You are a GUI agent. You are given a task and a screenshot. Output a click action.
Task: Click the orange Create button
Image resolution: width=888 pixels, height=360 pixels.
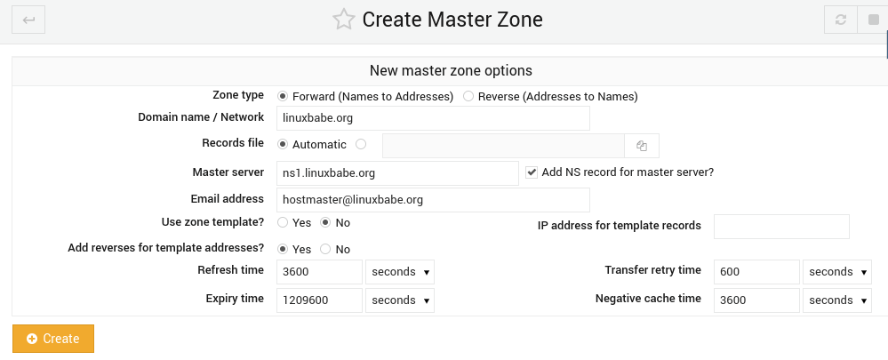pyautogui.click(x=53, y=339)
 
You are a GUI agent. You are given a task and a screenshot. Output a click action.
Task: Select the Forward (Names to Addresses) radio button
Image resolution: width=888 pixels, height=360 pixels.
pyautogui.click(x=283, y=96)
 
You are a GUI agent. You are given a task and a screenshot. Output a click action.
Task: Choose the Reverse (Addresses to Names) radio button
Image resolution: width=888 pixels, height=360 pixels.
pyautogui.click(x=468, y=96)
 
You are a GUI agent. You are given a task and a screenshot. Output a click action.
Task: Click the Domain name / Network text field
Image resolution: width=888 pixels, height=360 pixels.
pyautogui.click(x=433, y=118)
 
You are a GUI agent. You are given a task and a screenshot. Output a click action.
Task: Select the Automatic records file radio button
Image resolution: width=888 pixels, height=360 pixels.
pyautogui.click(x=283, y=144)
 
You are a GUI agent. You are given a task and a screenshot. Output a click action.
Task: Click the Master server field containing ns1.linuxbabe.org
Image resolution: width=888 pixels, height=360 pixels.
pyautogui.click(x=397, y=173)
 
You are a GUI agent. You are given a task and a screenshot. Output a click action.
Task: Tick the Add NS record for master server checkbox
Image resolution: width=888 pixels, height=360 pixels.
pyautogui.click(x=532, y=172)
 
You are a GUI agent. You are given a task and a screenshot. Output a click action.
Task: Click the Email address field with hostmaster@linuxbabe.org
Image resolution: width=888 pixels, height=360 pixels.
pyautogui.click(x=433, y=200)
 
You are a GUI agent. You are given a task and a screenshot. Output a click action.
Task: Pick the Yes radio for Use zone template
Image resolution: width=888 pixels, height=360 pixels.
pyautogui.click(x=283, y=222)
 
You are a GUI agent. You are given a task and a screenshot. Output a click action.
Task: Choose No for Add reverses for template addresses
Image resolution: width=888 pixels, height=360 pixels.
pyautogui.click(x=325, y=250)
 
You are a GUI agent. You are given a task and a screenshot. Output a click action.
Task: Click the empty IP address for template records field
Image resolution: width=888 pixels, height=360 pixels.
pyautogui.click(x=781, y=227)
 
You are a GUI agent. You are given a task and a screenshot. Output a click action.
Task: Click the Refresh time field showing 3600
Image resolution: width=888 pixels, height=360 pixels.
pyautogui.click(x=319, y=272)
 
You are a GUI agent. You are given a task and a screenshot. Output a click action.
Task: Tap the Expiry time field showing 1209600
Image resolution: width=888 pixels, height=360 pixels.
pyautogui.click(x=319, y=300)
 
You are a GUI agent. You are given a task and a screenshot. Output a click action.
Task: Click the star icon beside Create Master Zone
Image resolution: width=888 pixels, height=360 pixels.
pyautogui.click(x=343, y=20)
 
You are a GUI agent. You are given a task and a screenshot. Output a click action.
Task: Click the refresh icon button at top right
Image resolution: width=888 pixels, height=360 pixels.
pyautogui.click(x=840, y=20)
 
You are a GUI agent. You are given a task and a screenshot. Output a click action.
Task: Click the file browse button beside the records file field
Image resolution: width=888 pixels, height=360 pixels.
pyautogui.click(x=642, y=146)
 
